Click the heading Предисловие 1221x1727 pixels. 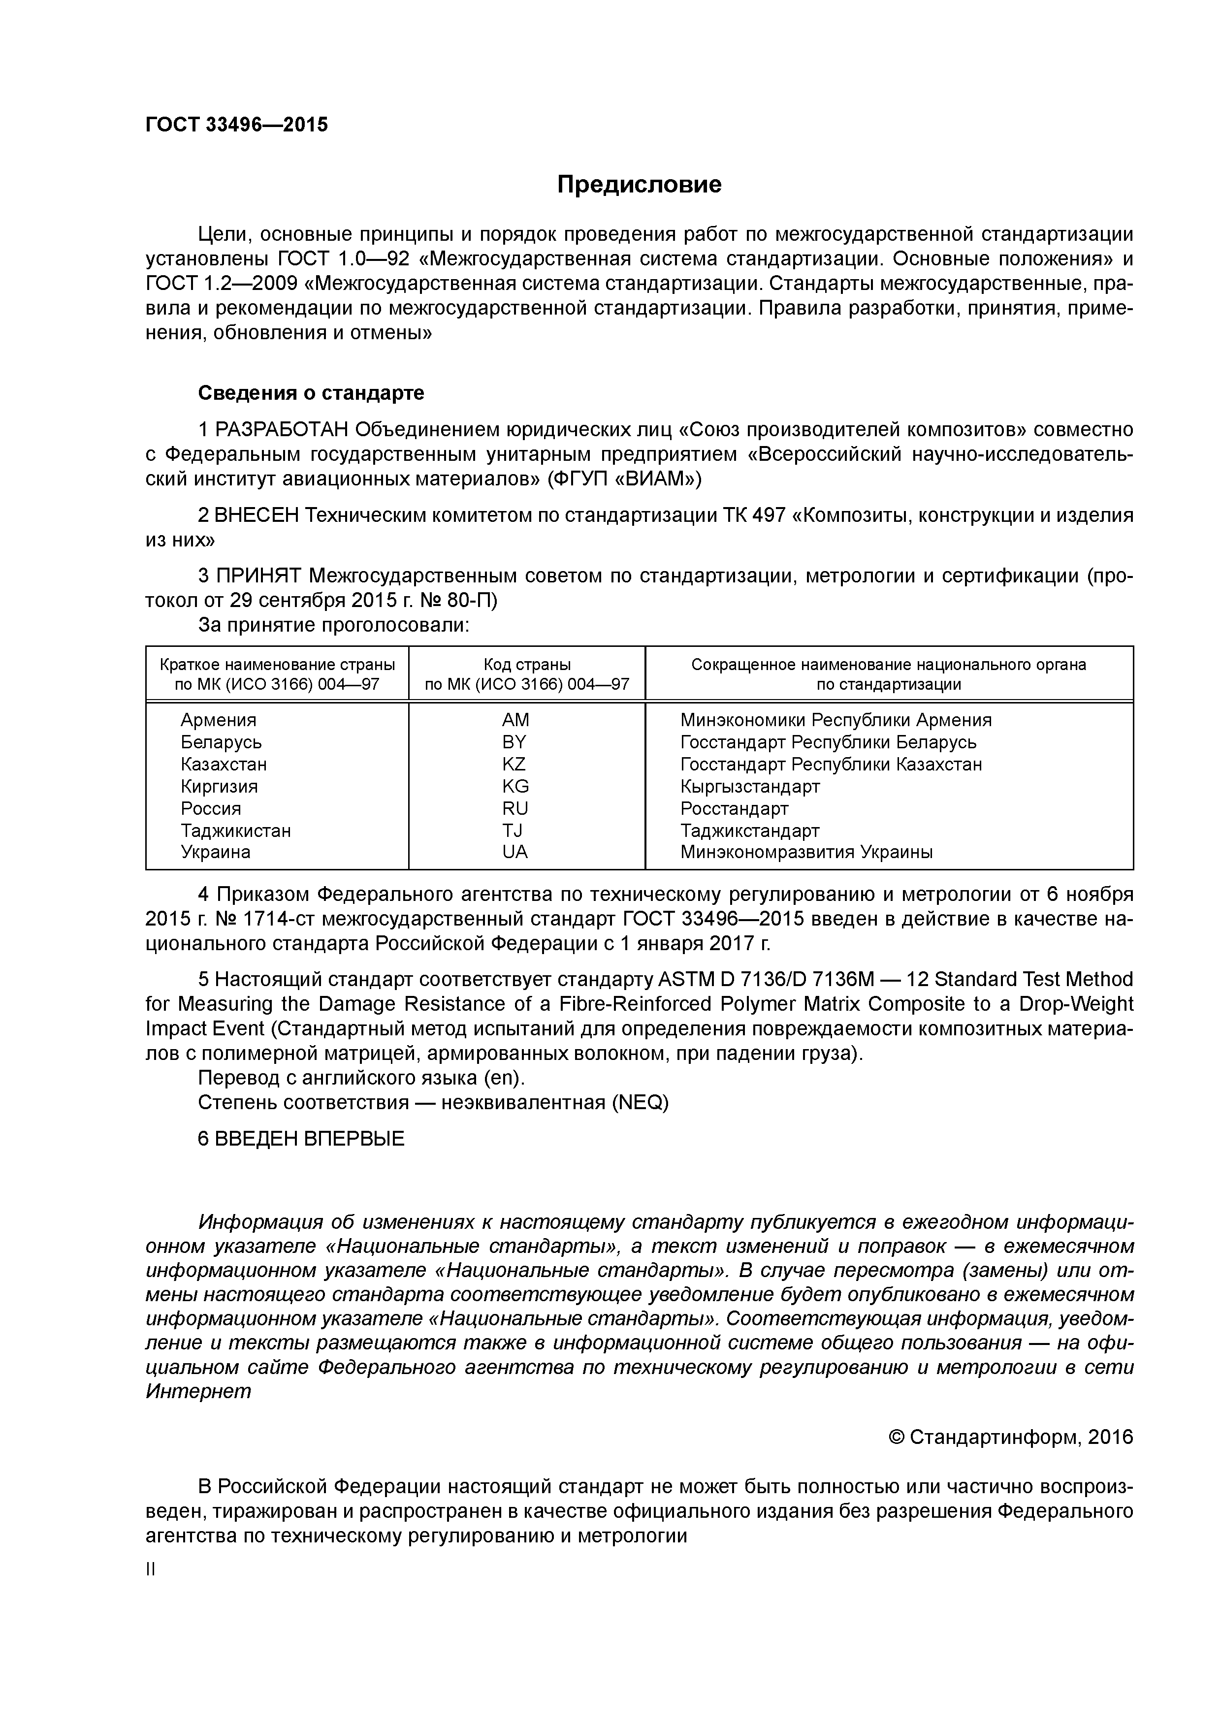pyautogui.click(x=639, y=184)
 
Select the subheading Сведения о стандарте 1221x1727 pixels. pyautogui.click(x=311, y=393)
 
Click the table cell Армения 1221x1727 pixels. pyautogui.click(x=218, y=720)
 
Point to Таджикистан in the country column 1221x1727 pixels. pyautogui.click(x=235, y=831)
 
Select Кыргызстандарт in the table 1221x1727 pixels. pyautogui.click(x=750, y=787)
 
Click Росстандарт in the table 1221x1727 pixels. pyautogui.click(x=734, y=808)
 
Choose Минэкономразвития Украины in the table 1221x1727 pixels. pyautogui.click(x=806, y=852)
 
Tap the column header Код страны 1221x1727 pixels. pyautogui.click(x=527, y=665)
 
